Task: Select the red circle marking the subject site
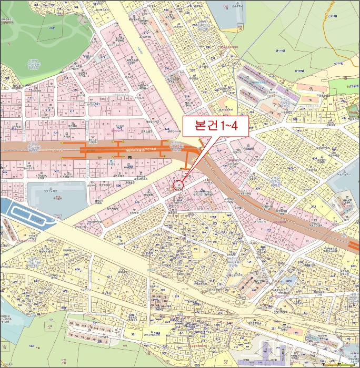click(177, 185)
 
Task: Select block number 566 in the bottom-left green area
click(17, 346)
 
